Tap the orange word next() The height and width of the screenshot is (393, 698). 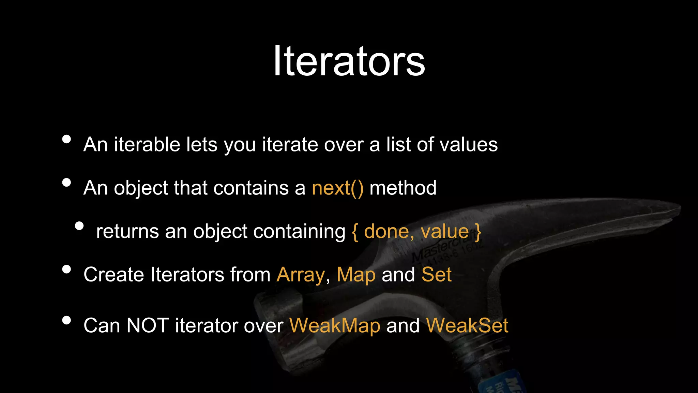click(337, 188)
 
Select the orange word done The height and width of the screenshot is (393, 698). click(386, 232)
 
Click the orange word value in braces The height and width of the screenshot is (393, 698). click(445, 232)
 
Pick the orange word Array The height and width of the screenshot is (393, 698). click(301, 275)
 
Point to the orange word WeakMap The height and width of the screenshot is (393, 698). click(335, 325)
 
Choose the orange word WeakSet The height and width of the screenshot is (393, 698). click(467, 325)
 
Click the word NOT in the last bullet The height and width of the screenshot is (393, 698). click(147, 325)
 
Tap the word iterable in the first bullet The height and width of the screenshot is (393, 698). click(147, 145)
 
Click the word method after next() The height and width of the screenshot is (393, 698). click(403, 188)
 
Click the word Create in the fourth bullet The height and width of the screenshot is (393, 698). click(114, 275)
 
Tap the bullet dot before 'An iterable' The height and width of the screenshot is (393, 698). click(66, 139)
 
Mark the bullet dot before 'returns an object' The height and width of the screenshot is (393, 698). click(79, 226)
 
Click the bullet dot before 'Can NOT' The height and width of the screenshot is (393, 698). click(66, 320)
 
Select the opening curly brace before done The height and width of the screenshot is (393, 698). click(355, 232)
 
